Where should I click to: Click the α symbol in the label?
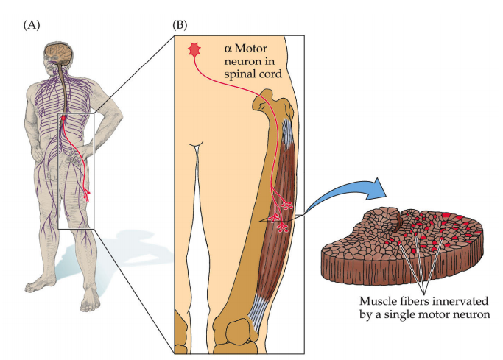(227, 48)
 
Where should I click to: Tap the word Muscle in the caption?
(376, 302)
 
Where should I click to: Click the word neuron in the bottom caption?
(469, 316)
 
